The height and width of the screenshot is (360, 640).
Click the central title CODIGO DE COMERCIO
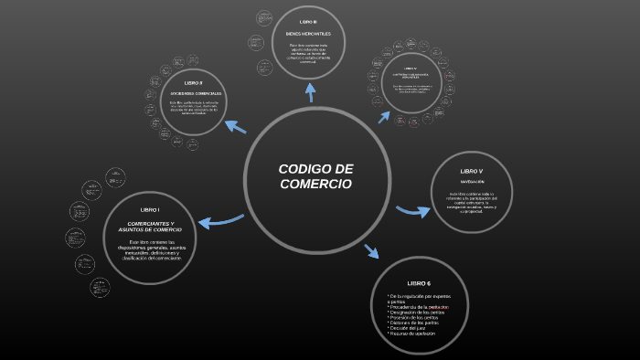pos(315,176)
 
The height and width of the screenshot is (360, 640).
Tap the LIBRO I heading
pos(150,210)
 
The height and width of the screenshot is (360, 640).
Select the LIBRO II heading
pos(194,83)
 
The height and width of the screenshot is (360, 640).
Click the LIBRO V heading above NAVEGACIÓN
pos(471,172)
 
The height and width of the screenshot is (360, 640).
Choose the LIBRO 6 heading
pos(419,283)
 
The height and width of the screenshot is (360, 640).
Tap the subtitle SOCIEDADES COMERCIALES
pos(194,94)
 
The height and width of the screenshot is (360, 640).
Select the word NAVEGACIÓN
pos(472,182)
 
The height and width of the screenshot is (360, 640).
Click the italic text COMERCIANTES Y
pos(150,224)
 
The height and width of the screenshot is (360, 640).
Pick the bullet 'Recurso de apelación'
pos(412,334)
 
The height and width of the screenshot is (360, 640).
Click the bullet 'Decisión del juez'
pos(410,327)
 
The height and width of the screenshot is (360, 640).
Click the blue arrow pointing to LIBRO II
pos(235,126)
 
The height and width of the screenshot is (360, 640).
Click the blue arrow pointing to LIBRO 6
pos(371,250)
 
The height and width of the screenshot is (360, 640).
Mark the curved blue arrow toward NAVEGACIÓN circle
pos(412,211)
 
